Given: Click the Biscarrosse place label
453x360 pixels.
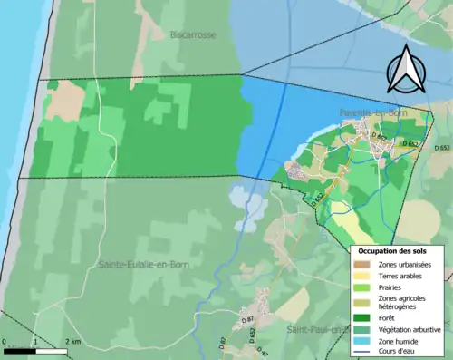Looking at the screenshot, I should pyautogui.click(x=194, y=34).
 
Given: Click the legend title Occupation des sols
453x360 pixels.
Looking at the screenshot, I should pyautogui.click(x=395, y=250).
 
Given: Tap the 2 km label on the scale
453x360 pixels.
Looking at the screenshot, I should pyautogui.click(x=72, y=342).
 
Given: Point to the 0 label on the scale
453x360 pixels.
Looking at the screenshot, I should pyautogui.click(x=5, y=342).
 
